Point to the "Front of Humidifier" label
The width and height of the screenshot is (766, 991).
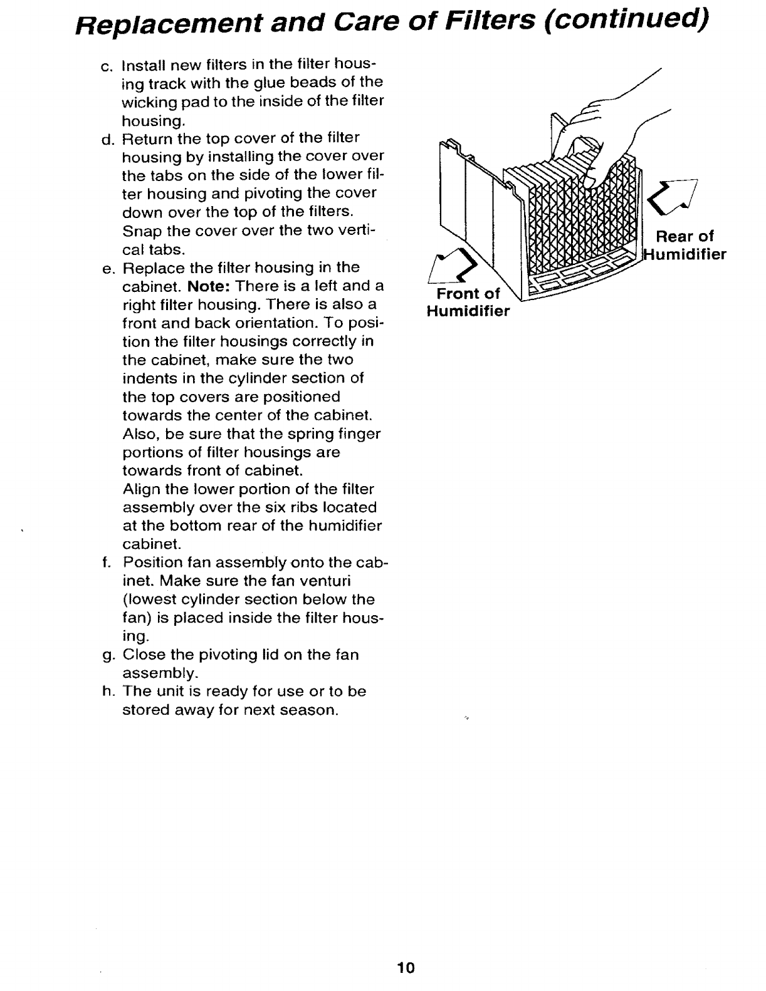(x=468, y=303)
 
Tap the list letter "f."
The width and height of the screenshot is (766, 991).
(x=104, y=563)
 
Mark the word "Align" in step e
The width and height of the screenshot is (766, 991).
(x=139, y=489)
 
